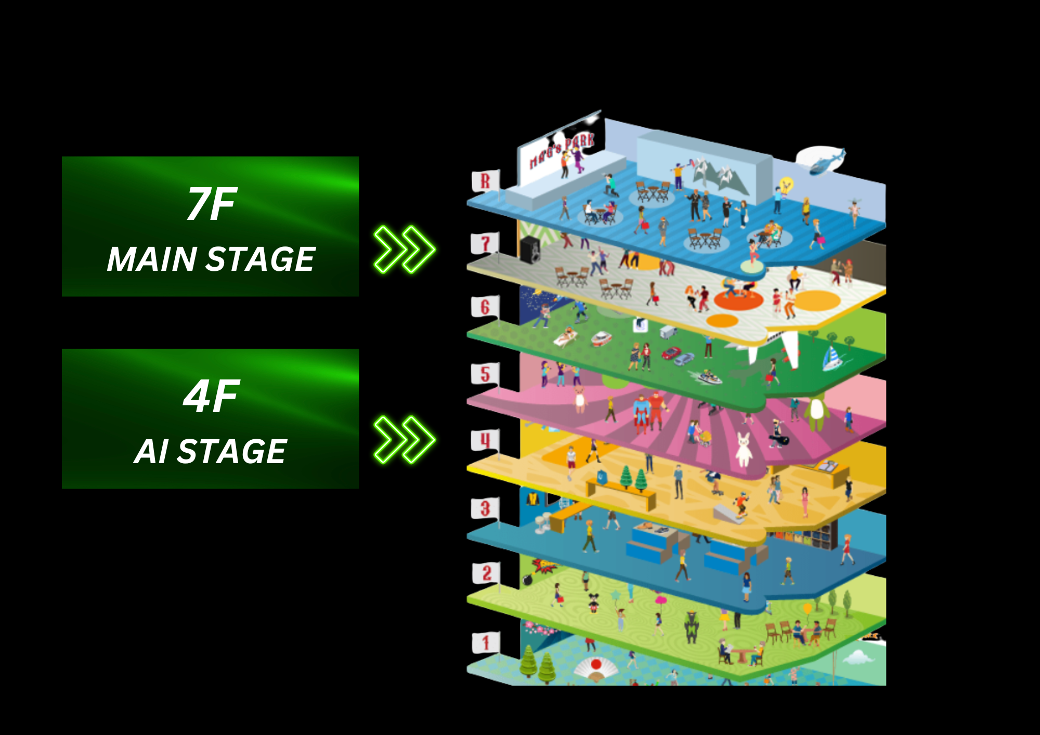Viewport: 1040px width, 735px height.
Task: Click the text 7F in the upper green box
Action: pos(212,204)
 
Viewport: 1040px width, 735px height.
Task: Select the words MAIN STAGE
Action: pos(211,259)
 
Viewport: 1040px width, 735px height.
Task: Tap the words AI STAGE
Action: pos(211,451)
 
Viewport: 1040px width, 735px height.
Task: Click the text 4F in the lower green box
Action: pos(212,397)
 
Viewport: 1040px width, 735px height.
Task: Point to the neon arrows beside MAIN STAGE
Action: pos(405,250)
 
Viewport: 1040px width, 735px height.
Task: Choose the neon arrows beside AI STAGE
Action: pos(405,439)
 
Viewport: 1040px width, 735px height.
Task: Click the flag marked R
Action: pos(486,181)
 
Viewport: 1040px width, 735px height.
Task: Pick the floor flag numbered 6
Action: pos(485,307)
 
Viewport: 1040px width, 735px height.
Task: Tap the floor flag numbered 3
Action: pos(485,508)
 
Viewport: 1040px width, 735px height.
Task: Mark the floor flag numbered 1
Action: pos(486,642)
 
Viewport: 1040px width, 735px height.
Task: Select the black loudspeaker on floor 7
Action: pos(530,250)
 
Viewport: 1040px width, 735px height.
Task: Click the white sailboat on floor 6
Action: pos(832,358)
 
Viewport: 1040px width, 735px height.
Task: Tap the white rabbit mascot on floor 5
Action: pos(744,449)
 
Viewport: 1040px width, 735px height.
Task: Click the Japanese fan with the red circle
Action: pos(596,668)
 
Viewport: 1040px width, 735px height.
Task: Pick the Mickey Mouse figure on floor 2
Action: pos(592,602)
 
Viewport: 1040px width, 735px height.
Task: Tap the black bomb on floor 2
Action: pos(527,580)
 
